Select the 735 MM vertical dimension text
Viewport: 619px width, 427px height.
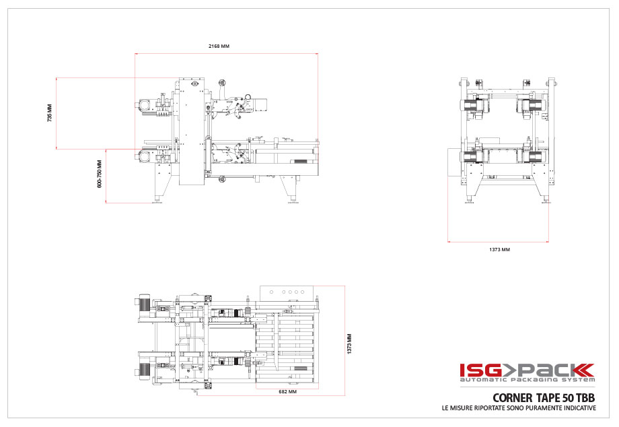49,112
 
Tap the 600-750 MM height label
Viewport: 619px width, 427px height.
100,174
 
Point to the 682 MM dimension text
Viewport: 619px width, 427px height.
287,391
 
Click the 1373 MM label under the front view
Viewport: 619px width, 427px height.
499,249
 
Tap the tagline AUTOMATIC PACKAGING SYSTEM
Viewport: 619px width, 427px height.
527,381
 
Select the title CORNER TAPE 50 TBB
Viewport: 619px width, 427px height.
544,397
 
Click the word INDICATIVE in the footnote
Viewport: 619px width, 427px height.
574,408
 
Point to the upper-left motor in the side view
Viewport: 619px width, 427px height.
145,105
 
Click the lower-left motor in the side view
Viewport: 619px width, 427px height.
144,156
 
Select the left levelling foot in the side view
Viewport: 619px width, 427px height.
159,199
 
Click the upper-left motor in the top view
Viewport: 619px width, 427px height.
143,303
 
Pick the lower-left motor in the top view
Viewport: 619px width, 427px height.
143,369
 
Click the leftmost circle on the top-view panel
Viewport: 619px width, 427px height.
270,292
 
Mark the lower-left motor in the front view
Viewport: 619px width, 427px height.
470,156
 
